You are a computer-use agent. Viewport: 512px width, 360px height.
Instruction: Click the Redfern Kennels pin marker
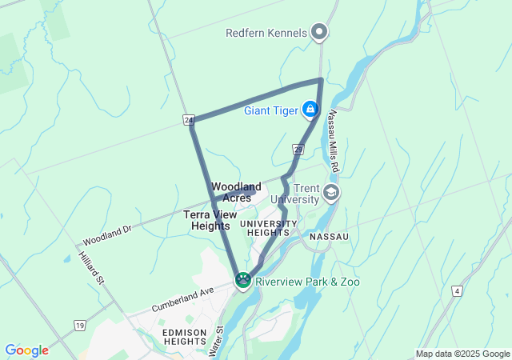[x=319, y=33]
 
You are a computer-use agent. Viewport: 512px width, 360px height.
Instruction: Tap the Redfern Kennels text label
[x=266, y=33]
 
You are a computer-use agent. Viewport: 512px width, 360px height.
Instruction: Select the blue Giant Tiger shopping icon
[x=310, y=109]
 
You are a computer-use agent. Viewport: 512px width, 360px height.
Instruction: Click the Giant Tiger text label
[x=272, y=109]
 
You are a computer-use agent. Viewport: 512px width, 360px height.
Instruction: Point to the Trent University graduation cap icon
[x=331, y=193]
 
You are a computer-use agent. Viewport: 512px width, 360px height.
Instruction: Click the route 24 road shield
[x=189, y=120]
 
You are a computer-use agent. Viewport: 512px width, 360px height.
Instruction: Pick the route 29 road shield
[x=298, y=149]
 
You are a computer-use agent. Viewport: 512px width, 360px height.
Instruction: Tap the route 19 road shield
[x=78, y=326]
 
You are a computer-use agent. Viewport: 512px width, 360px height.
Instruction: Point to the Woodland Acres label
[x=236, y=192]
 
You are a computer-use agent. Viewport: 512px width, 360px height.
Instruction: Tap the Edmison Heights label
[x=185, y=336]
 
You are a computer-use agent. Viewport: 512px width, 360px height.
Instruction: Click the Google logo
[x=26, y=350]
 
